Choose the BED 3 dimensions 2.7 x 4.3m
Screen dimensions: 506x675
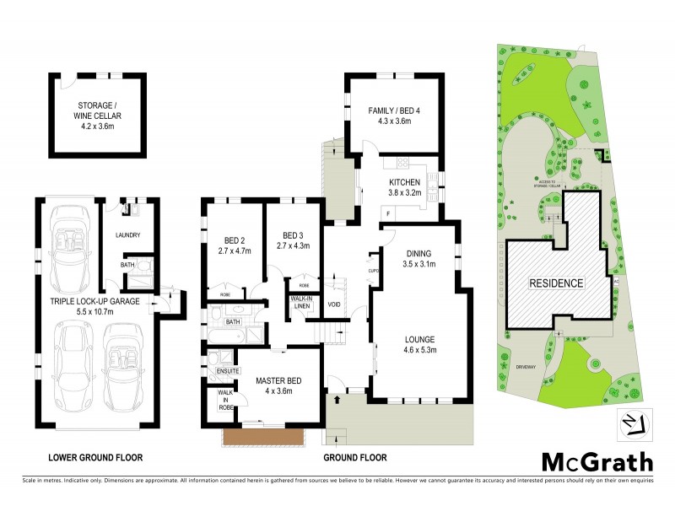(292, 245)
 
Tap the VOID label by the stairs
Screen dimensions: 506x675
(334, 304)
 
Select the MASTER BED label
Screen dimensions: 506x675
(278, 380)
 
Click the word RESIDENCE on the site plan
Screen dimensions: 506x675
(556, 283)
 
